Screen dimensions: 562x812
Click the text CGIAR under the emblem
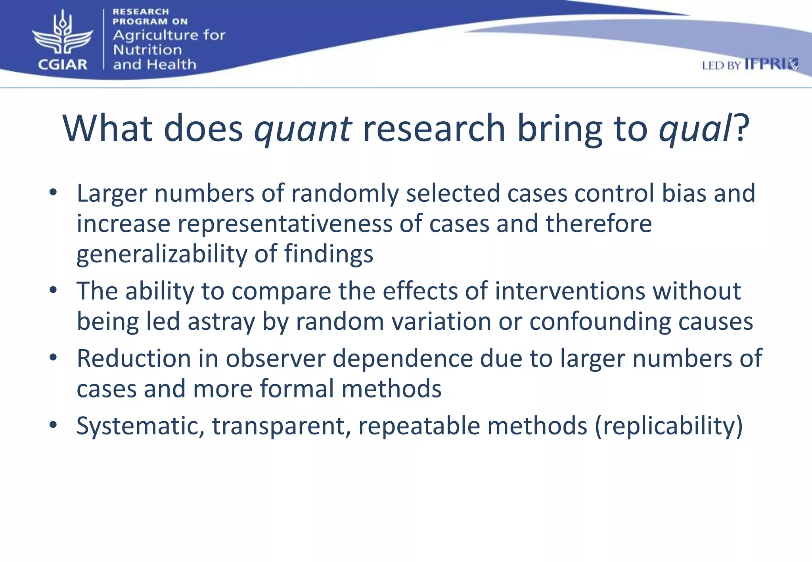63,64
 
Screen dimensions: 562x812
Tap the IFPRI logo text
771,64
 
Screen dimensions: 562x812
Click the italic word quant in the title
303,128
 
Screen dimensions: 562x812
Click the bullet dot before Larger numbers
53,193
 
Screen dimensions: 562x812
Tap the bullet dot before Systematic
53,425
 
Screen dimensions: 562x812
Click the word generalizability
162,254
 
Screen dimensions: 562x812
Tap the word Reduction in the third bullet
134,358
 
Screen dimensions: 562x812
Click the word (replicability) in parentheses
668,426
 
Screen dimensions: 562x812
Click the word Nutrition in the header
147,50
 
